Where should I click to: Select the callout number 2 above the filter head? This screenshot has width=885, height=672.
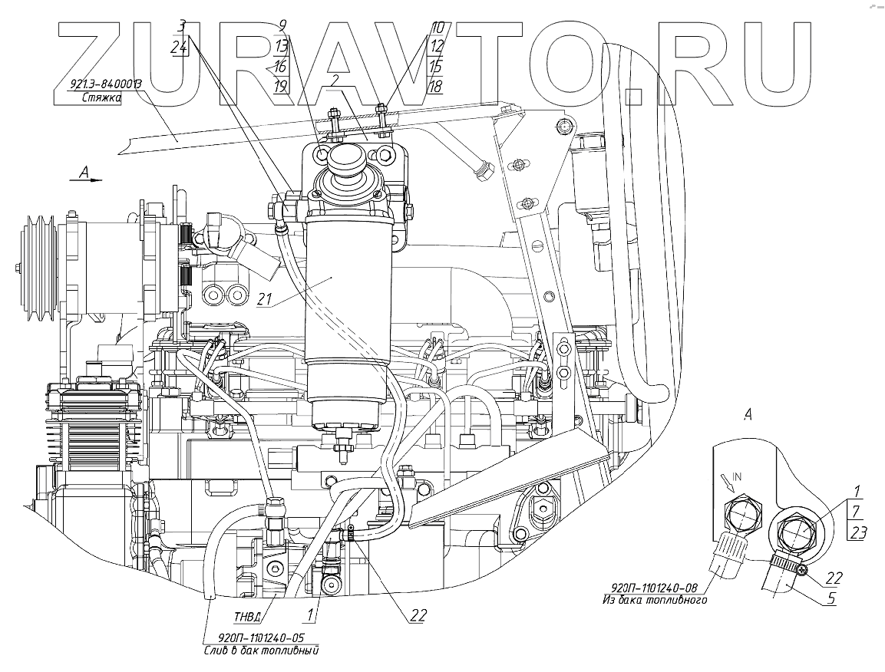336,80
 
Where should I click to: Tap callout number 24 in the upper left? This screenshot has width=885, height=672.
180,48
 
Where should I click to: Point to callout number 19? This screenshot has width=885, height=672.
282,85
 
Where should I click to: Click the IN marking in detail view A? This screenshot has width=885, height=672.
736,476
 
